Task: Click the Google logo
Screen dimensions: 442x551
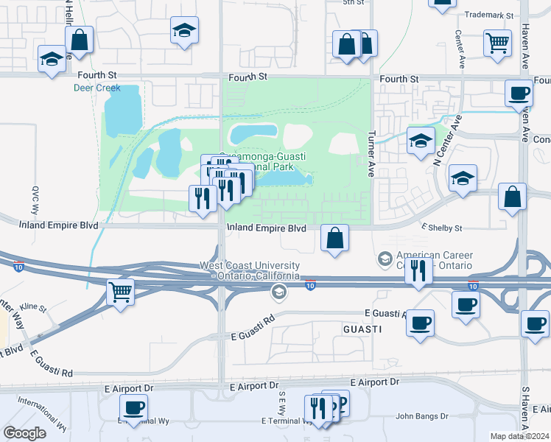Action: coord(24,433)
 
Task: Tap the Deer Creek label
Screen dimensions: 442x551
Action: coord(96,88)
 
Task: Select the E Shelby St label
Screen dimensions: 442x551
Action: coord(442,228)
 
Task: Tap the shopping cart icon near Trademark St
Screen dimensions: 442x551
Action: coord(498,42)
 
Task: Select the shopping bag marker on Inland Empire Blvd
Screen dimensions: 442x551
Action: coord(334,238)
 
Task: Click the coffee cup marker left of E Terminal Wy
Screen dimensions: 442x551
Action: coord(134,407)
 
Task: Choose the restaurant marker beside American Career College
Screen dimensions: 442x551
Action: coord(418,270)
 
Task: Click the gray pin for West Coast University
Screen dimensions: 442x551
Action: coord(278,292)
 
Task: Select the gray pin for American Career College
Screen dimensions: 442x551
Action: coord(385,259)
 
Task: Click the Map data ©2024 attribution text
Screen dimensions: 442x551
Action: coord(519,436)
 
